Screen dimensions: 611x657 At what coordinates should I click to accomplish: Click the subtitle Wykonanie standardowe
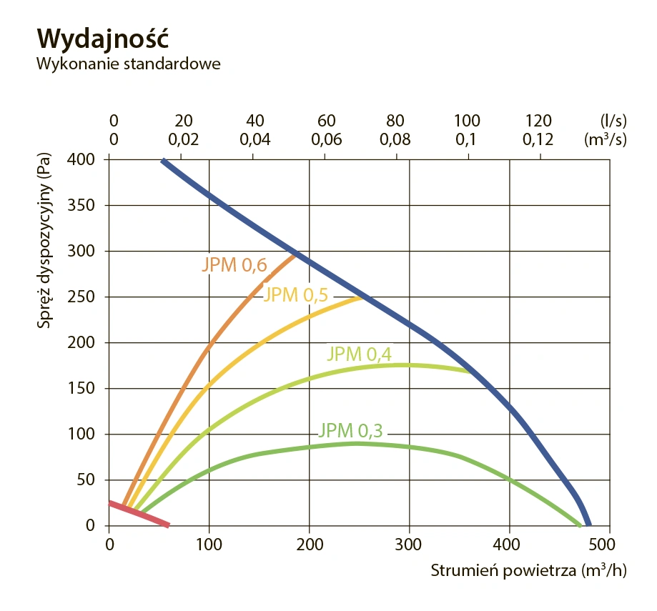(128, 63)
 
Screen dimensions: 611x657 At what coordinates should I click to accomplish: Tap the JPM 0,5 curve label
(295, 295)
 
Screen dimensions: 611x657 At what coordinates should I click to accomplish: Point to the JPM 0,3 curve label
(351, 430)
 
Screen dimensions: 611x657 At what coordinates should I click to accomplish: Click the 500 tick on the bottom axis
(609, 545)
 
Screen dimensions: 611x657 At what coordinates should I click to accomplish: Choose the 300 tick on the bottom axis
(409, 545)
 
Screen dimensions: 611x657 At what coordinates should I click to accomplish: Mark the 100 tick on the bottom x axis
(209, 545)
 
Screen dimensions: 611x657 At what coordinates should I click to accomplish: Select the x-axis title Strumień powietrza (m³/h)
(528, 572)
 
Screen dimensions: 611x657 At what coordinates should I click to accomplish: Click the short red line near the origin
(139, 515)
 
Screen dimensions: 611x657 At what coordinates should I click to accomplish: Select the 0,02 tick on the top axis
(184, 139)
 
